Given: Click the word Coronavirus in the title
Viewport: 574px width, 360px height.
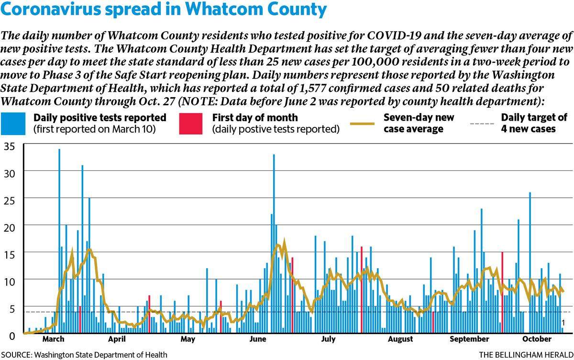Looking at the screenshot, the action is pos(50,9).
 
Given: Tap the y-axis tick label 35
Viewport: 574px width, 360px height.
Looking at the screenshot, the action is pos(10,146).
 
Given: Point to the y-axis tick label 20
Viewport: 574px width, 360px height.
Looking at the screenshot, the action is pos(10,228).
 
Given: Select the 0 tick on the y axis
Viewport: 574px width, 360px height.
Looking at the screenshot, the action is pos(12,336).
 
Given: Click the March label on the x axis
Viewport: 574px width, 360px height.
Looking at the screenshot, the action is pos(53,339).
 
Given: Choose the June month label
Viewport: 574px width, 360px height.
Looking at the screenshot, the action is pos(258,339).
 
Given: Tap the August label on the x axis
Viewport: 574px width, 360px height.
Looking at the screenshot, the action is pos(400,339).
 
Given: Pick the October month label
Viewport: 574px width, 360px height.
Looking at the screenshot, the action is pos(537,339).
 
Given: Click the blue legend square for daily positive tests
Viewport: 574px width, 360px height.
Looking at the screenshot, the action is pos(13,124).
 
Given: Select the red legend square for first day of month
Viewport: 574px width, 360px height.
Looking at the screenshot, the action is pos(191,124).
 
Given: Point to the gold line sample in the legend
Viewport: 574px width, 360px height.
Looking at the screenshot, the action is pos(362,124).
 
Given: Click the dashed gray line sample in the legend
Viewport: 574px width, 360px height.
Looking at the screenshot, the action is pos(482,124).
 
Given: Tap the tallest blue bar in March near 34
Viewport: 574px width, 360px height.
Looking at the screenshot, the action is pos(59,241).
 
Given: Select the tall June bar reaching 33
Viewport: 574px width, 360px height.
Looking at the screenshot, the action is pos(274,244).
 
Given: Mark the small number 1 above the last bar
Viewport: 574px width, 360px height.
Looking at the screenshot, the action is pos(563,323).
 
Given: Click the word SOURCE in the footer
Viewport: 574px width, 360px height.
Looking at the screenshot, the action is pos(17,355).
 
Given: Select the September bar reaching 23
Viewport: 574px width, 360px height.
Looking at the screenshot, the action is pos(482,271).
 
